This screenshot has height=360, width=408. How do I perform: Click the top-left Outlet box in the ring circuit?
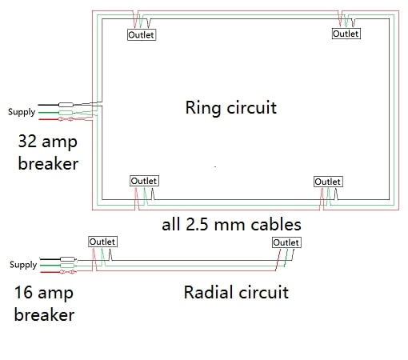pos(142,34)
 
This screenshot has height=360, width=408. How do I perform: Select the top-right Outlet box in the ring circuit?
pos(346,34)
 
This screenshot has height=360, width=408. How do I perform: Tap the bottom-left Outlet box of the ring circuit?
pos(144,182)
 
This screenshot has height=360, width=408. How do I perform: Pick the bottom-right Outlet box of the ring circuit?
pos(328,182)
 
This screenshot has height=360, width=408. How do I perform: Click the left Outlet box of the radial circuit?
pos(102,242)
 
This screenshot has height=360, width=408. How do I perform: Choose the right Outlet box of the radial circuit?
pos(286,242)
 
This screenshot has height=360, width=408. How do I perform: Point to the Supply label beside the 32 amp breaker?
pos(22,112)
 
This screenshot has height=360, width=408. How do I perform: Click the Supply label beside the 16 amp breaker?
pos(22,265)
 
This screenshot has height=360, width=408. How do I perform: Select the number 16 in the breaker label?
pos(26,292)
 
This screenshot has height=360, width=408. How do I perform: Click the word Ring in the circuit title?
pos(204,107)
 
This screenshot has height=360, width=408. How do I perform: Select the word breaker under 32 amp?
pos(48,164)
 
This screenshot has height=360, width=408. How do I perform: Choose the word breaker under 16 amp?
pos(45,314)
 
